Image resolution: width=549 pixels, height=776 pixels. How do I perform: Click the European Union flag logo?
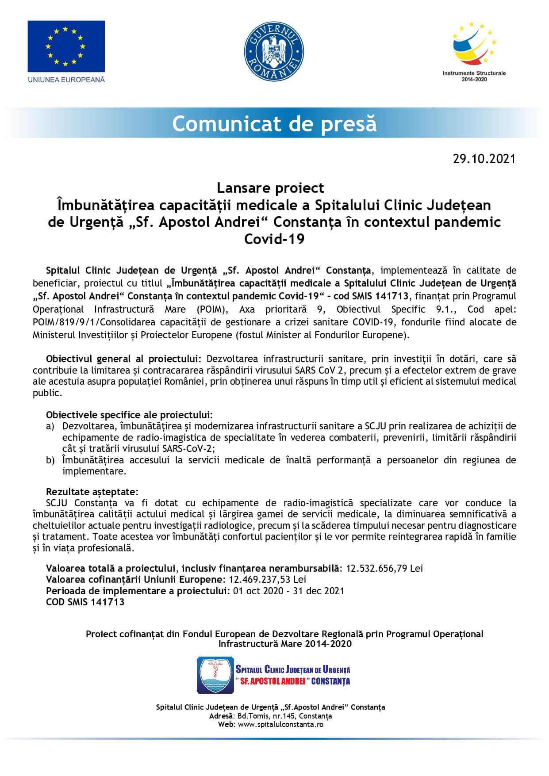(x=66, y=46)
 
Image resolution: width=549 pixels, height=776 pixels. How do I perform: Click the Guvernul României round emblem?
(x=274, y=52)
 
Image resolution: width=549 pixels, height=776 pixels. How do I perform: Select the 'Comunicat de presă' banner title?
(x=274, y=123)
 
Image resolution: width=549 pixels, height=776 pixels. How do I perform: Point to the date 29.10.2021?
(x=484, y=159)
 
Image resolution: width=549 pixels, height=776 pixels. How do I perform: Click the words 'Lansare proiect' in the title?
(x=270, y=188)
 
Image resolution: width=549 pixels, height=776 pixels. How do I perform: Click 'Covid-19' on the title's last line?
(x=274, y=239)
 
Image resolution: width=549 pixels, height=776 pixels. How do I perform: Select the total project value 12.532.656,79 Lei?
(x=384, y=568)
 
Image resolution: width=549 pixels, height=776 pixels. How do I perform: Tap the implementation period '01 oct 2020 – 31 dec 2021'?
(x=288, y=591)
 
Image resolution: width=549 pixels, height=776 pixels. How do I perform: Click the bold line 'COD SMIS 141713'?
(x=85, y=602)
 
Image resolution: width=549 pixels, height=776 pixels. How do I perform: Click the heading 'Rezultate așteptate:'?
(x=92, y=492)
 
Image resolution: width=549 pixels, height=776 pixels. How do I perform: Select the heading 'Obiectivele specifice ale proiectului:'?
(x=129, y=415)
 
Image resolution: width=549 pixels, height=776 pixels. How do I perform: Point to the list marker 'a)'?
(x=50, y=426)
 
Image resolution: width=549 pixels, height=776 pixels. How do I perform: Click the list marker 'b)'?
(x=50, y=460)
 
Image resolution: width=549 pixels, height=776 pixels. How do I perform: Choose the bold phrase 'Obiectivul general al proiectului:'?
(x=124, y=359)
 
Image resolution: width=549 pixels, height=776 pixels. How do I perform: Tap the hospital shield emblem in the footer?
(x=215, y=675)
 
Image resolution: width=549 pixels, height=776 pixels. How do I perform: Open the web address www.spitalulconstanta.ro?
(x=280, y=725)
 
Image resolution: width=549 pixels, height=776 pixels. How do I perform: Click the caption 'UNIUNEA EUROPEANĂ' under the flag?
(x=66, y=80)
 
